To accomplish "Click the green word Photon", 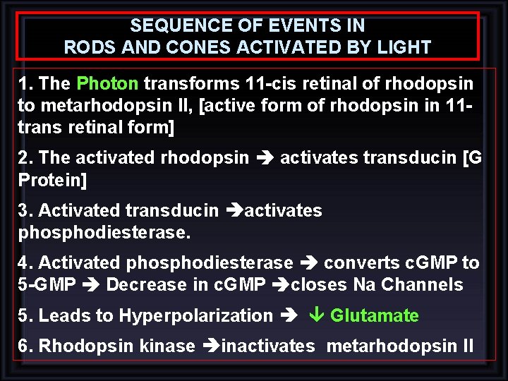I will point(107,84).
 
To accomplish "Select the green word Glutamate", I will point(374,315).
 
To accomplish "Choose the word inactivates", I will point(268,346).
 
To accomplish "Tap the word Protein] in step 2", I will point(53,181).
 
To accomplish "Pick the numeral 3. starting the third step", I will point(26,210).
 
